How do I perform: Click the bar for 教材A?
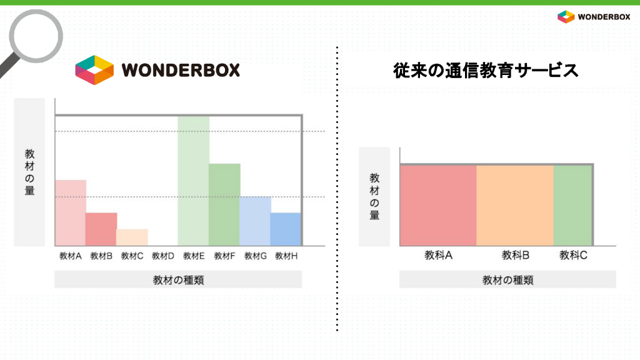(71, 212)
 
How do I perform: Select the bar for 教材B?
(101, 229)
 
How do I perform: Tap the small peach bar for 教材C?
(132, 237)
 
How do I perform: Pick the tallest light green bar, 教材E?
(194, 181)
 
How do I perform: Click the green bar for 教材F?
(224, 204)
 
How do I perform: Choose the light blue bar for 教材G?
(256, 221)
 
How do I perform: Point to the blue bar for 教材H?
(286, 229)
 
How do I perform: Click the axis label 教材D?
(163, 256)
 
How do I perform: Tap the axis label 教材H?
(286, 256)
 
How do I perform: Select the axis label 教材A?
(71, 256)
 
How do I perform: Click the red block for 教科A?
(438, 205)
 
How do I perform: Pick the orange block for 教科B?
(515, 205)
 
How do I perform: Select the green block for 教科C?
(572, 205)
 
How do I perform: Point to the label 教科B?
(516, 255)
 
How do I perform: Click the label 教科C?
(574, 255)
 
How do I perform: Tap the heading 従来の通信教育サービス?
(486, 70)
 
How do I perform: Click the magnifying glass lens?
(36, 36)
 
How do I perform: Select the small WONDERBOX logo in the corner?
(594, 17)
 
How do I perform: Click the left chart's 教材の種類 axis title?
(178, 280)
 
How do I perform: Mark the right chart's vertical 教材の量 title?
(375, 196)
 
